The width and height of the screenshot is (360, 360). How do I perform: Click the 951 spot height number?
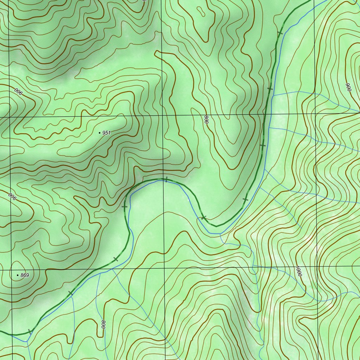click(107, 133)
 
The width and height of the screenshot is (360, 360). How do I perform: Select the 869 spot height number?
click(25, 275)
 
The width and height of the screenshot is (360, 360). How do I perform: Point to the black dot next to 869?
click(18, 275)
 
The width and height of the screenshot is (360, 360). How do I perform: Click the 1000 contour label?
click(298, 271)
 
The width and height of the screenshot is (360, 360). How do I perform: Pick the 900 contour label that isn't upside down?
click(348, 88)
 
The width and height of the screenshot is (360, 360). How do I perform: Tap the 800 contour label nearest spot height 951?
click(206, 120)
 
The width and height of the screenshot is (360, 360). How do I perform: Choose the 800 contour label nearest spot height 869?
click(104, 324)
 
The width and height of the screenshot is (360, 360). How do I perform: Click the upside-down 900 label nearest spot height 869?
click(12, 197)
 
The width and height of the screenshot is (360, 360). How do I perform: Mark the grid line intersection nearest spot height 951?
click(163, 116)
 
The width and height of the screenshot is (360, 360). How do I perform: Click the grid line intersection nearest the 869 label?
click(12, 270)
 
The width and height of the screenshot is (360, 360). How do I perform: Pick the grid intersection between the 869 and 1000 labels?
click(164, 268)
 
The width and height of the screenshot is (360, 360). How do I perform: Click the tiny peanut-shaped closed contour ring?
click(202, 11)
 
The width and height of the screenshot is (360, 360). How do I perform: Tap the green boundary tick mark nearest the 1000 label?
click(245, 199)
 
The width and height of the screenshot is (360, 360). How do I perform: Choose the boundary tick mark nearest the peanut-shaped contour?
click(280, 33)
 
